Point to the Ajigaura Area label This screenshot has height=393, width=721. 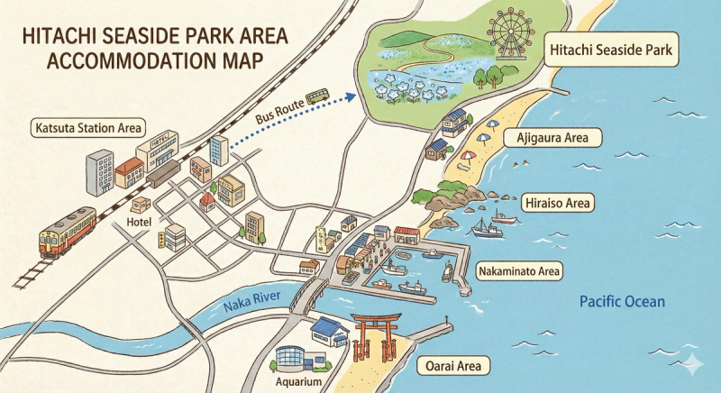(553, 138)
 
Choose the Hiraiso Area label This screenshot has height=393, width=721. (556, 203)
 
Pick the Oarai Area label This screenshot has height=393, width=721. (454, 366)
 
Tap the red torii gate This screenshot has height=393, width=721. (370, 336)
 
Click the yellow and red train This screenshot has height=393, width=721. (68, 232)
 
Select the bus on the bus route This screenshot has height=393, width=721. (317, 96)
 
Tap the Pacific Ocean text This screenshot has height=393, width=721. (622, 302)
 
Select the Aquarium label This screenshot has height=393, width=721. (300, 383)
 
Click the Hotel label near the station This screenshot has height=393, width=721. (140, 222)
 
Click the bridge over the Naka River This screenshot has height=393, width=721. (309, 292)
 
